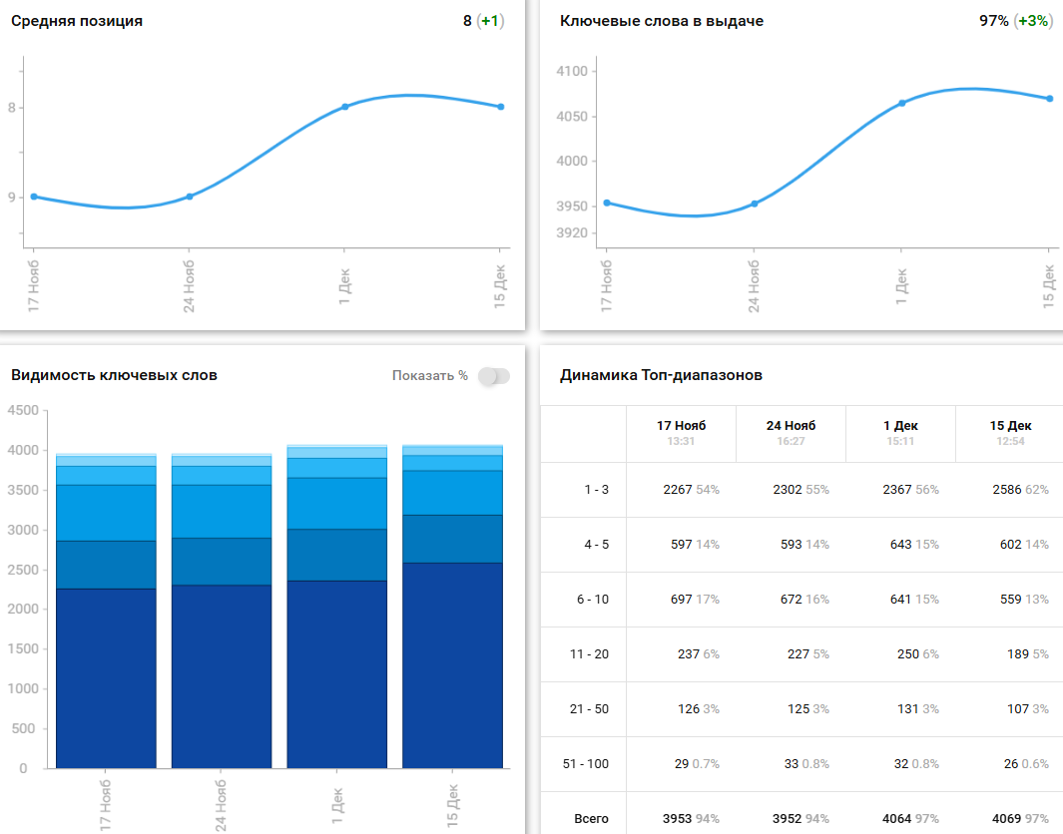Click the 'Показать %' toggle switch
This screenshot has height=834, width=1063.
coord(494,376)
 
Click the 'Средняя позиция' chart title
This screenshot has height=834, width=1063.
coord(77,21)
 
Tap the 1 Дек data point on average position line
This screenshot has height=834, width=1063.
coord(345,106)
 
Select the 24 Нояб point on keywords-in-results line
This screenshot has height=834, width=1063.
coord(755,204)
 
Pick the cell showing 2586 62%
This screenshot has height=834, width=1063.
coord(1020,490)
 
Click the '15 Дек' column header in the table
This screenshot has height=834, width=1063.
coord(1010,426)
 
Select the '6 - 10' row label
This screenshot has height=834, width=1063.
coord(592,600)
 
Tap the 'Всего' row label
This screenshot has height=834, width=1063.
coord(591,819)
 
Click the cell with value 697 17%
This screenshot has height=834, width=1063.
coord(691,600)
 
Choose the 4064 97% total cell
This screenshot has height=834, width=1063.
coord(910,819)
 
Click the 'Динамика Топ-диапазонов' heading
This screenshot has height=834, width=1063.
coord(661,376)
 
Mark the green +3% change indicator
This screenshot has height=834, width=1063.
coord(1033,21)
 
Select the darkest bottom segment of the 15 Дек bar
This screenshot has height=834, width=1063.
coord(452,665)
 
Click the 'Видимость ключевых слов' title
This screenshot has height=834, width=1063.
coord(114,376)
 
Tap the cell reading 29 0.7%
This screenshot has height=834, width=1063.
coord(697,764)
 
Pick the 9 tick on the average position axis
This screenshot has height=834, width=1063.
coord(12,198)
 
